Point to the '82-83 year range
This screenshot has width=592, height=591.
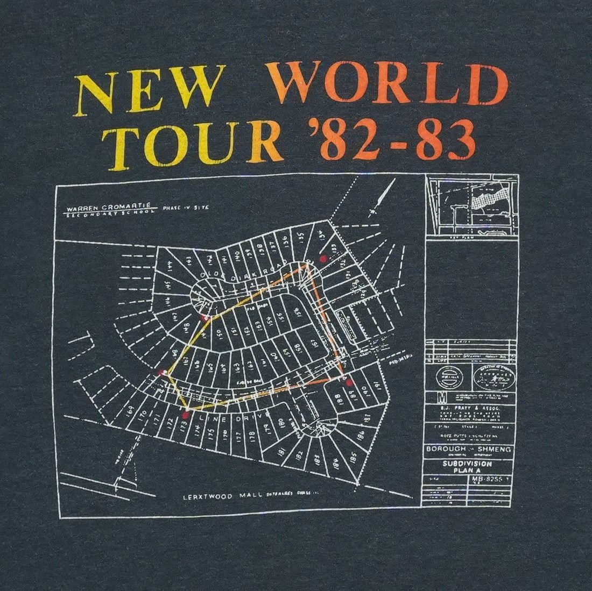point(384,138)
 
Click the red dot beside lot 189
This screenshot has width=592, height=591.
point(349,382)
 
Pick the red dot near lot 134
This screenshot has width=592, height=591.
point(323,258)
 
